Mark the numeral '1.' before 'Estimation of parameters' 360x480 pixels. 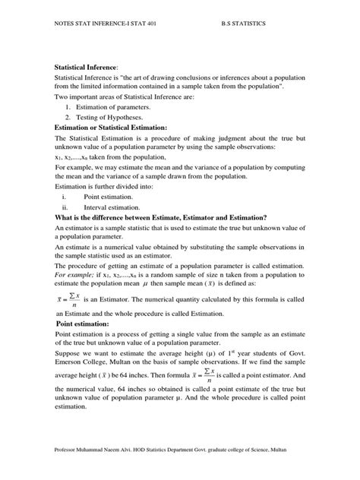point(68,108)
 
